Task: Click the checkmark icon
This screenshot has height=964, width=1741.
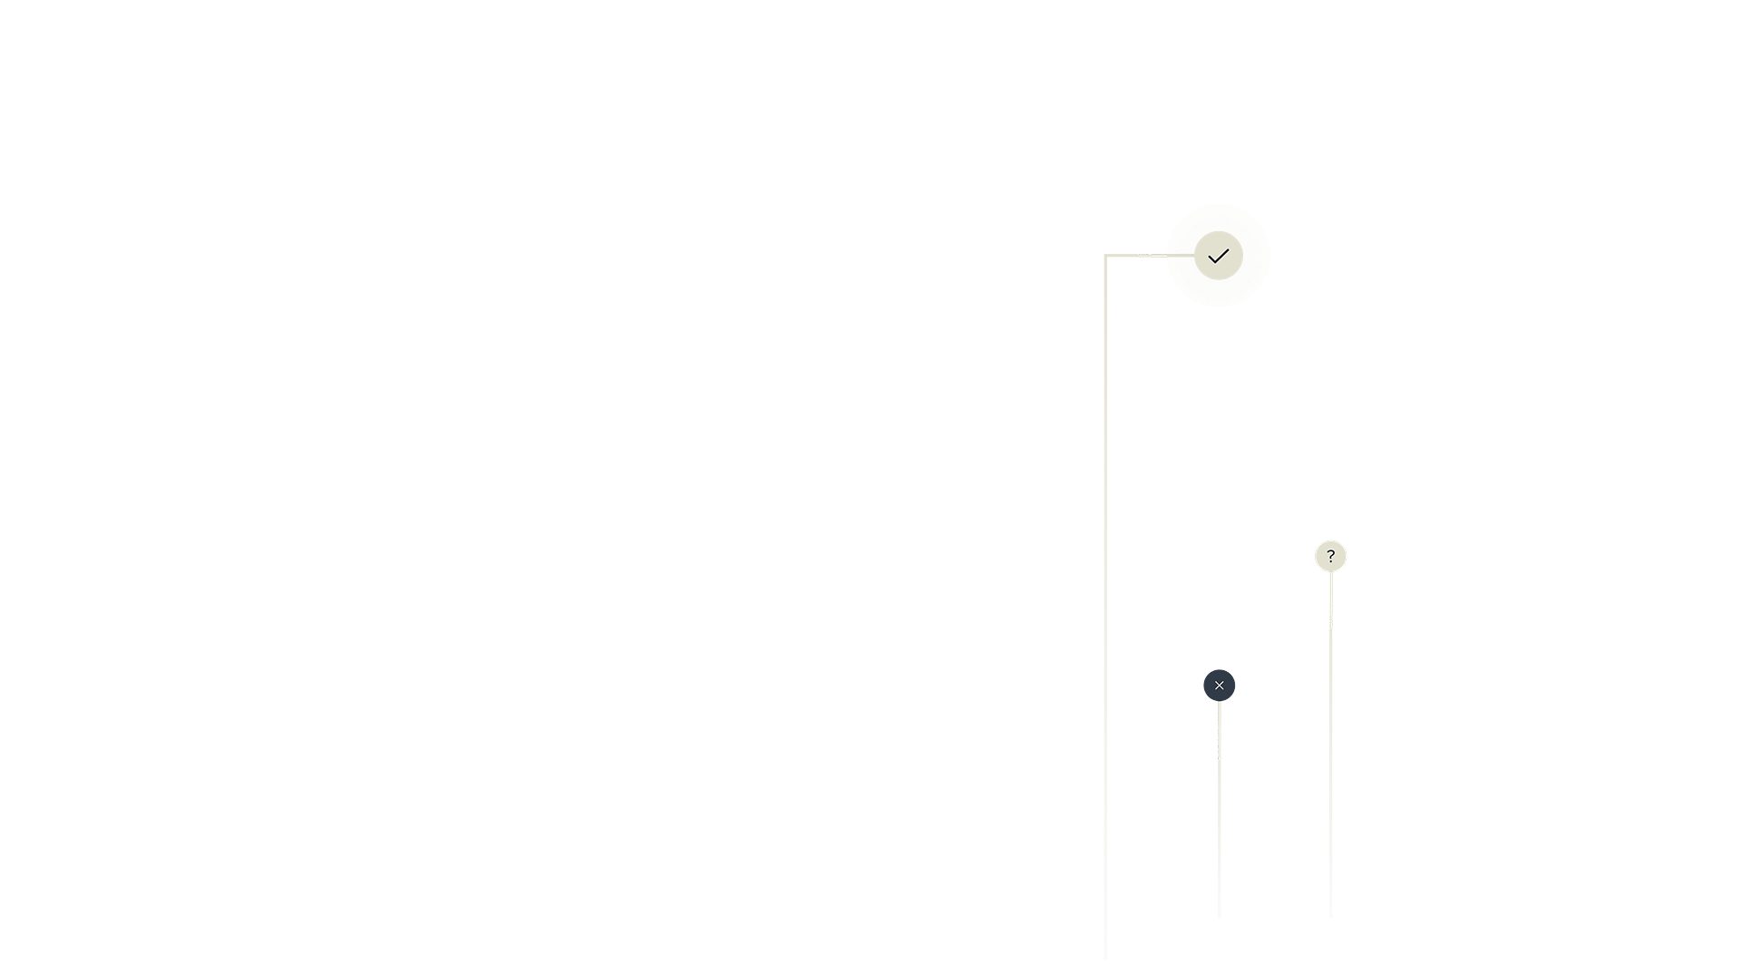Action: tap(1219, 257)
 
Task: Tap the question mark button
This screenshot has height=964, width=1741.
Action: tap(1330, 556)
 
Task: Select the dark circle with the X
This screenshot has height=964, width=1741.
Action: tap(1219, 686)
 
